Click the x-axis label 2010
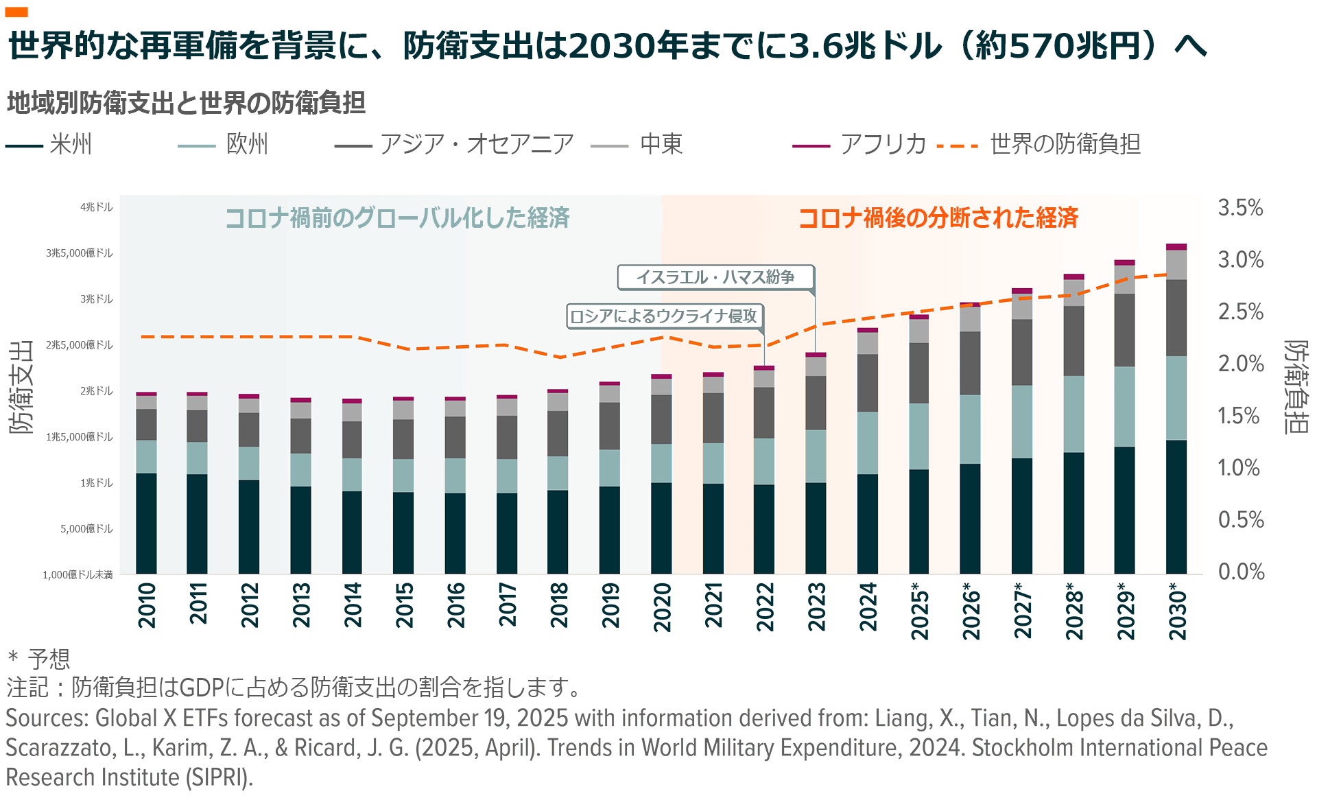(147, 605)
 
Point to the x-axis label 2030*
(1177, 611)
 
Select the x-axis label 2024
(868, 607)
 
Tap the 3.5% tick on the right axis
(1240, 207)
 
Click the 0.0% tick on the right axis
(1241, 572)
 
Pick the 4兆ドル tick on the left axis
(97, 207)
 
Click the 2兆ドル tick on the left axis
(97, 391)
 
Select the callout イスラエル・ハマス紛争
(715, 277)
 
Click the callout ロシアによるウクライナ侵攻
(664, 316)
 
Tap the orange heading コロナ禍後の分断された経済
(938, 218)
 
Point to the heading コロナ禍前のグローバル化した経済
(397, 218)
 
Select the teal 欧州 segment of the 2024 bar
(868, 443)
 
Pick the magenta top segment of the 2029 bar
(1124, 262)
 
